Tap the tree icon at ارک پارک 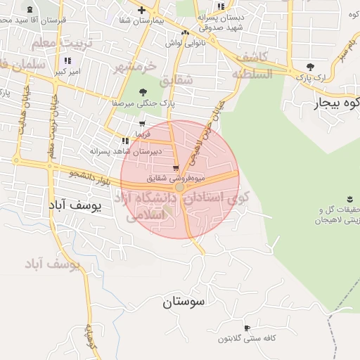[x=310, y=67]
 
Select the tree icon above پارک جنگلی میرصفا [x=143, y=92]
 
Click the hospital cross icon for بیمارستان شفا [x=142, y=10]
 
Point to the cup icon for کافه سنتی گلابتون [x=247, y=328]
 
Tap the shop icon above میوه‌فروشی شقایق [x=175, y=168]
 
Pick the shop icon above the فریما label [x=142, y=124]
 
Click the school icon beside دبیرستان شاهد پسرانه [x=125, y=141]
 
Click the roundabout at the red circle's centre [x=180, y=188]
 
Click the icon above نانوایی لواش [x=185, y=33]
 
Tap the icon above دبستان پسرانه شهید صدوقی [x=221, y=6]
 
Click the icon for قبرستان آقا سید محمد [x=31, y=10]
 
